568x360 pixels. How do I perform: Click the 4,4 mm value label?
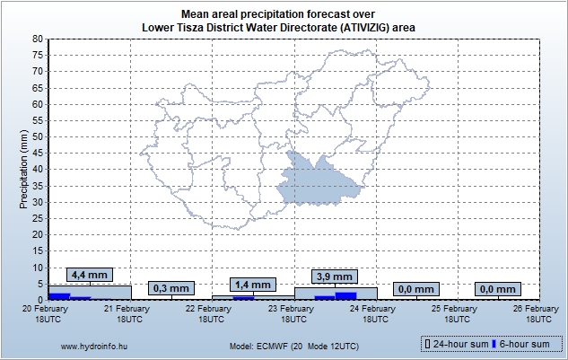click(90, 275)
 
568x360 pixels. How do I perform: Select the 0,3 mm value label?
click(170, 288)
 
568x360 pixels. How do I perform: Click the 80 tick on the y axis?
click(38, 40)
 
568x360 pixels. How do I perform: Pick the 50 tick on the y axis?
click(38, 137)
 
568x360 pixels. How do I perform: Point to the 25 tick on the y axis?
click(38, 218)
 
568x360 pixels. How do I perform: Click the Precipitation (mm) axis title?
click(24, 169)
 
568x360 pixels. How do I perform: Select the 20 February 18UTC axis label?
click(48, 313)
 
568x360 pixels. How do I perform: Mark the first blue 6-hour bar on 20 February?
click(59, 295)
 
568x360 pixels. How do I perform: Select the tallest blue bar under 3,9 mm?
click(345, 295)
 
